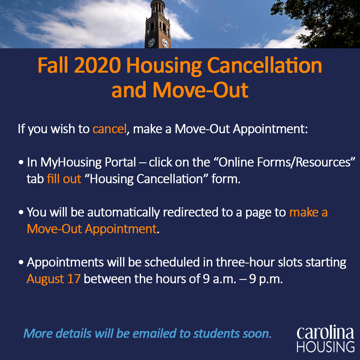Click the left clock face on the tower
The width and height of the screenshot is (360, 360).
click(x=151, y=43)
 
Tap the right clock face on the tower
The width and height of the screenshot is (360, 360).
click(x=165, y=43)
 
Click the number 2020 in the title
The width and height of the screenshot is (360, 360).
click(x=98, y=65)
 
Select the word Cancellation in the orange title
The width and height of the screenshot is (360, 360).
click(x=264, y=65)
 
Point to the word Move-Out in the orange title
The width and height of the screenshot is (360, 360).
click(x=200, y=90)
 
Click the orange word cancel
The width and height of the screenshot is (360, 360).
click(x=110, y=129)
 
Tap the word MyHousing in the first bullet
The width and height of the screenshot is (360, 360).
click(x=71, y=163)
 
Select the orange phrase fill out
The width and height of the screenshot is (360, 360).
click(x=64, y=179)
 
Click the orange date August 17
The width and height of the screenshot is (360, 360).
click(x=53, y=279)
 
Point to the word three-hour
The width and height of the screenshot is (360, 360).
click(x=245, y=262)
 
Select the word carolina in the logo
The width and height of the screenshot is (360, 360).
click(x=325, y=332)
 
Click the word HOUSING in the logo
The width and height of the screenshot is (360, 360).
click(x=326, y=347)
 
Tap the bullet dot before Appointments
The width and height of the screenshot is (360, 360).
click(x=21, y=262)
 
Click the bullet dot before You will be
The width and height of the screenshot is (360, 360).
click(x=21, y=212)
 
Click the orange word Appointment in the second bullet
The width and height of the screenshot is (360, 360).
click(x=121, y=229)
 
